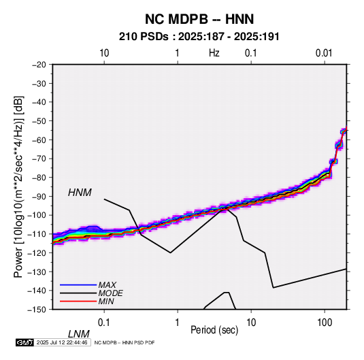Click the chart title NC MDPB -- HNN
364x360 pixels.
click(x=199, y=19)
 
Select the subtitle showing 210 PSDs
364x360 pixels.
click(x=199, y=37)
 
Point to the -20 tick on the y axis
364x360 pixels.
click(x=39, y=65)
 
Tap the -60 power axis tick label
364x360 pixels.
click(x=39, y=140)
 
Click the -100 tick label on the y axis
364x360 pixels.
click(x=37, y=215)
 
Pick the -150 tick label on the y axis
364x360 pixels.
click(x=37, y=310)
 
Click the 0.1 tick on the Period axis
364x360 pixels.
click(x=104, y=323)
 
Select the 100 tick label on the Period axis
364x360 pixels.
click(x=325, y=323)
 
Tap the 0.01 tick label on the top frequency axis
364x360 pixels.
click(x=324, y=53)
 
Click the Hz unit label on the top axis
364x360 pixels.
click(x=214, y=53)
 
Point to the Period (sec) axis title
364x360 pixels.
click(x=214, y=330)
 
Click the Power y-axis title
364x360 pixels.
click(x=18, y=187)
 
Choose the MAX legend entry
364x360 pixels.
click(x=107, y=284)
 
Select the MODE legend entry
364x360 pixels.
click(x=110, y=293)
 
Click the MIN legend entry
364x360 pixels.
click(x=106, y=301)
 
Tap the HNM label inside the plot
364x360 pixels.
click(x=80, y=193)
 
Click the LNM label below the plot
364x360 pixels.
click(x=79, y=334)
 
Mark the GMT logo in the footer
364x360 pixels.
click(x=25, y=342)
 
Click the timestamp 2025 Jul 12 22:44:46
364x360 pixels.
click(x=62, y=342)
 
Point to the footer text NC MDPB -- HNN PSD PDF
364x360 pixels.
click(x=125, y=342)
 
